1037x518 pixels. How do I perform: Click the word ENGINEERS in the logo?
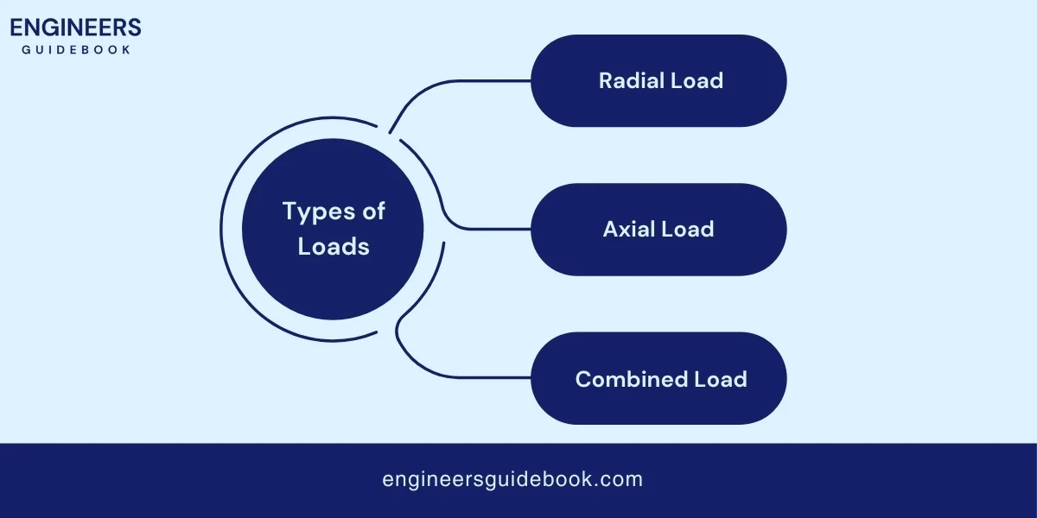click(x=75, y=28)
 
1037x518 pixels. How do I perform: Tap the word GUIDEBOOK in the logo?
click(x=76, y=50)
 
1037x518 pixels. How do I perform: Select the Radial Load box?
click(x=658, y=80)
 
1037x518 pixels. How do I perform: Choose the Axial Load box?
click(x=658, y=229)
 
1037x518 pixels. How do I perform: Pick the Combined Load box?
click(x=658, y=378)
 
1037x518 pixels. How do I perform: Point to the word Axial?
click(x=629, y=229)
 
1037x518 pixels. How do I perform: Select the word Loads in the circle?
click(x=334, y=246)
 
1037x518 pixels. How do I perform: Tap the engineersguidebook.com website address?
click(x=512, y=479)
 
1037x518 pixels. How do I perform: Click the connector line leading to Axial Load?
click(x=484, y=229)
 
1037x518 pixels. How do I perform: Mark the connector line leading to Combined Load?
click(x=467, y=377)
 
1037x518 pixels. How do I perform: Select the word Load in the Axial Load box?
click(x=687, y=229)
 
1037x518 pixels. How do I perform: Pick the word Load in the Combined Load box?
click(x=721, y=378)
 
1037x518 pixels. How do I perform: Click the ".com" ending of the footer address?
click(x=621, y=479)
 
